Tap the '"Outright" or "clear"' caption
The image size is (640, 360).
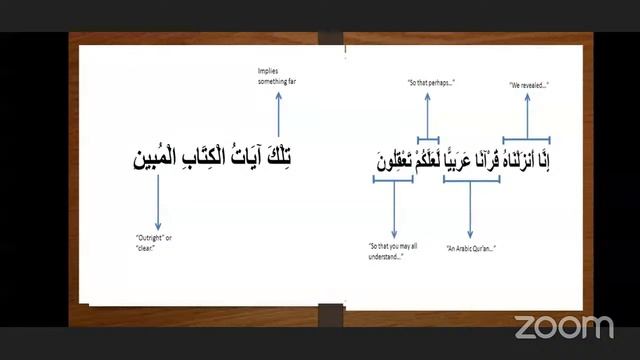152,241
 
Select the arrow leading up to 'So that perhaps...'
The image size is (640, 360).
428,112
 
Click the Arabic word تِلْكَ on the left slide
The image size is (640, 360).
290,156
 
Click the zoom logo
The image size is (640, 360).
563,326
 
